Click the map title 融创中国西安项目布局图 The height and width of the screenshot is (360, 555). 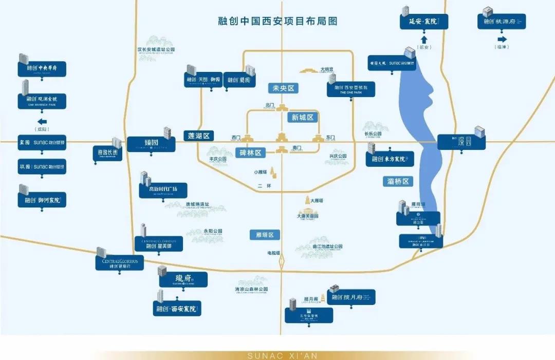tap(277, 21)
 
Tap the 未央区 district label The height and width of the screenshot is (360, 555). tap(283, 88)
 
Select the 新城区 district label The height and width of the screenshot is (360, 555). tap(302, 117)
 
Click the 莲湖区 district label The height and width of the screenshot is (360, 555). tap(198, 136)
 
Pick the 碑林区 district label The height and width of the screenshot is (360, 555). tap(250, 153)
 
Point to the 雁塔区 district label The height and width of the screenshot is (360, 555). tap(265, 235)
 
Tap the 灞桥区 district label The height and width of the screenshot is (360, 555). tap(398, 181)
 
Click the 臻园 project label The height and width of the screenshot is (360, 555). tap(151, 144)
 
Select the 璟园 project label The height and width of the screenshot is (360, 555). tap(461, 142)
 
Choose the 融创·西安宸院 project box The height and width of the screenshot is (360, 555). tap(177, 309)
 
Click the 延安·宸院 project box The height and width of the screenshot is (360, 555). tap(424, 22)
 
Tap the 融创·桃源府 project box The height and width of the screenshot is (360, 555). tap(502, 22)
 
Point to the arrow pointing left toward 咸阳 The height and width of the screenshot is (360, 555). tap(43, 122)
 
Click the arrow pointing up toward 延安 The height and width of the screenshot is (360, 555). tap(424, 39)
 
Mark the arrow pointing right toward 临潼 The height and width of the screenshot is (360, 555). tap(502, 39)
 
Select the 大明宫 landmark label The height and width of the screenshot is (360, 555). tap(327, 69)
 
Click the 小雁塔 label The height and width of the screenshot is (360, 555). tap(260, 172)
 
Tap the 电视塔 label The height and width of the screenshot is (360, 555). tap(273, 253)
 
